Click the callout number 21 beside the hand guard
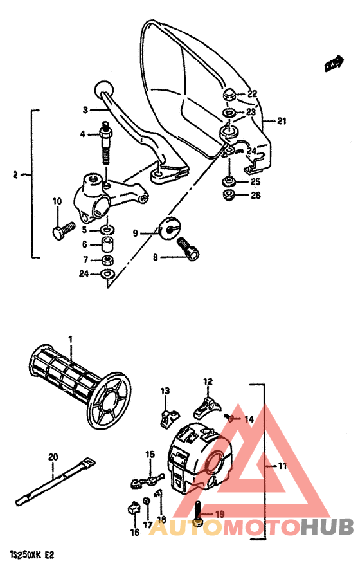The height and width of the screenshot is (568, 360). click(x=282, y=120)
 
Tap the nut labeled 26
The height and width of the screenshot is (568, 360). click(x=228, y=196)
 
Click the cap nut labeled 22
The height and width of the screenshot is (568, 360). click(x=230, y=96)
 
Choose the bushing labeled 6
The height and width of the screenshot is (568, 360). click(x=107, y=245)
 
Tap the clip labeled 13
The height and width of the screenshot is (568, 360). click(x=166, y=416)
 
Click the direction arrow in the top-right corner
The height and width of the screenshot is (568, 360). click(x=332, y=63)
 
